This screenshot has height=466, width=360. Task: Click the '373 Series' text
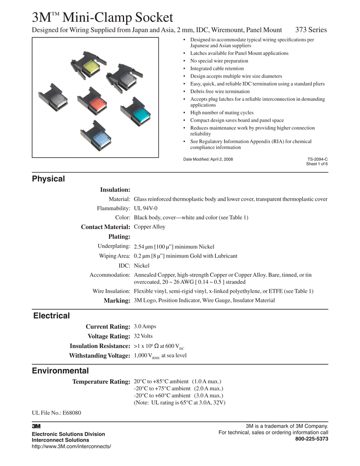click(311, 30)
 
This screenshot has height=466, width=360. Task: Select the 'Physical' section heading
click(48, 179)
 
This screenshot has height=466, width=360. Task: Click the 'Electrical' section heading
click(51, 316)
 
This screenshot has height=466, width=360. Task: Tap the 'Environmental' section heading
click(60, 371)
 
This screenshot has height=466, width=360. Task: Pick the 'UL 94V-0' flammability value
click(146, 208)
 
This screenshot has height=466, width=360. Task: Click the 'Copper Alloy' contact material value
click(149, 227)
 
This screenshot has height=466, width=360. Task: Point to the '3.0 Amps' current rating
click(145, 326)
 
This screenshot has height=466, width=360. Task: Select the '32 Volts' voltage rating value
click(144, 336)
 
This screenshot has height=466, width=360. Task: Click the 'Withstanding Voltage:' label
click(99, 356)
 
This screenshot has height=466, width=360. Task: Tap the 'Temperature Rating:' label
click(101, 382)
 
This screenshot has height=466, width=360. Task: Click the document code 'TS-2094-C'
click(317, 159)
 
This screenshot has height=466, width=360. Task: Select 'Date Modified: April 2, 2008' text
click(208, 159)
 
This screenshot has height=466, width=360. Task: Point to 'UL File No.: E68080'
click(56, 412)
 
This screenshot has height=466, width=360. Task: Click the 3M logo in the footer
click(36, 426)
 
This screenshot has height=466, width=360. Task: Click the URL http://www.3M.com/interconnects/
click(71, 446)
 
